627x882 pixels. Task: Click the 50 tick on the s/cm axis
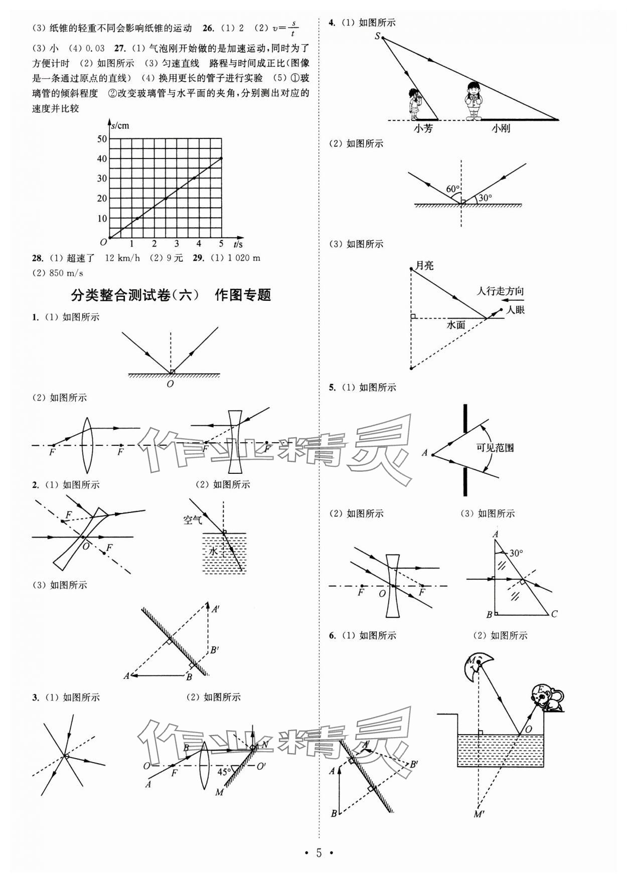pyautogui.click(x=102, y=138)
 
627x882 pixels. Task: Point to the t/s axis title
pyautogui.click(x=238, y=244)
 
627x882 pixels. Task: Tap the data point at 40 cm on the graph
pyautogui.click(x=221, y=158)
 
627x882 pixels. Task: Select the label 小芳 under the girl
pyautogui.click(x=423, y=128)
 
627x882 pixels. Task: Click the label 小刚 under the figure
pyautogui.click(x=500, y=128)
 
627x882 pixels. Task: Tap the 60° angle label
pyautogui.click(x=452, y=189)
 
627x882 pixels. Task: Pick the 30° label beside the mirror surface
pyautogui.click(x=485, y=198)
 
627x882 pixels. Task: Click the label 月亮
pyautogui.click(x=424, y=265)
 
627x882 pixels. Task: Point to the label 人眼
pyautogui.click(x=515, y=310)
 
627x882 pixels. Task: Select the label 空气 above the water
pyautogui.click(x=192, y=520)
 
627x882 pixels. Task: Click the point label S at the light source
pyautogui.click(x=377, y=36)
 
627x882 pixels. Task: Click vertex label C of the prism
pyautogui.click(x=554, y=614)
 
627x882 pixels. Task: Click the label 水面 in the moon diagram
pyautogui.click(x=456, y=325)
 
